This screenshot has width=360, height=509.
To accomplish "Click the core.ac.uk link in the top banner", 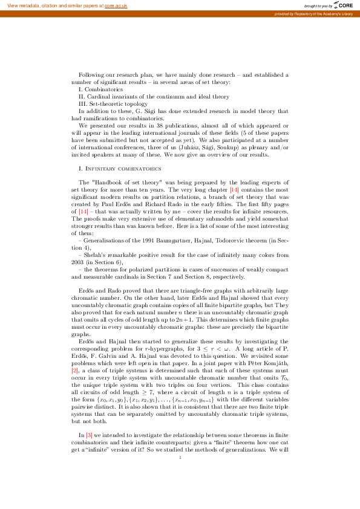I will point(116,5).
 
